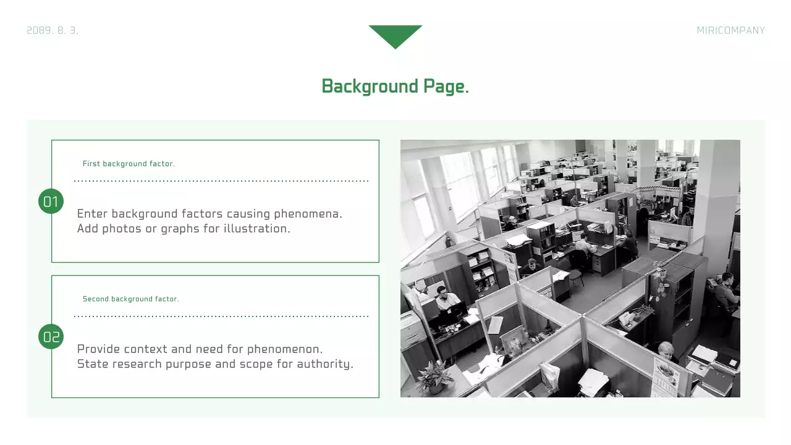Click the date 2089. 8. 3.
(53, 30)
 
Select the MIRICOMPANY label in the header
(730, 30)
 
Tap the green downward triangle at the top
(395, 35)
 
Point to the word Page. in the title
(446, 87)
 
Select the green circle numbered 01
(51, 201)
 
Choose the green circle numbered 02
(51, 337)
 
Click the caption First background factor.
(129, 164)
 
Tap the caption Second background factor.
(130, 299)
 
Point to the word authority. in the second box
(325, 364)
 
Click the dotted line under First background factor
(221, 181)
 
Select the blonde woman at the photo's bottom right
(666, 351)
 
